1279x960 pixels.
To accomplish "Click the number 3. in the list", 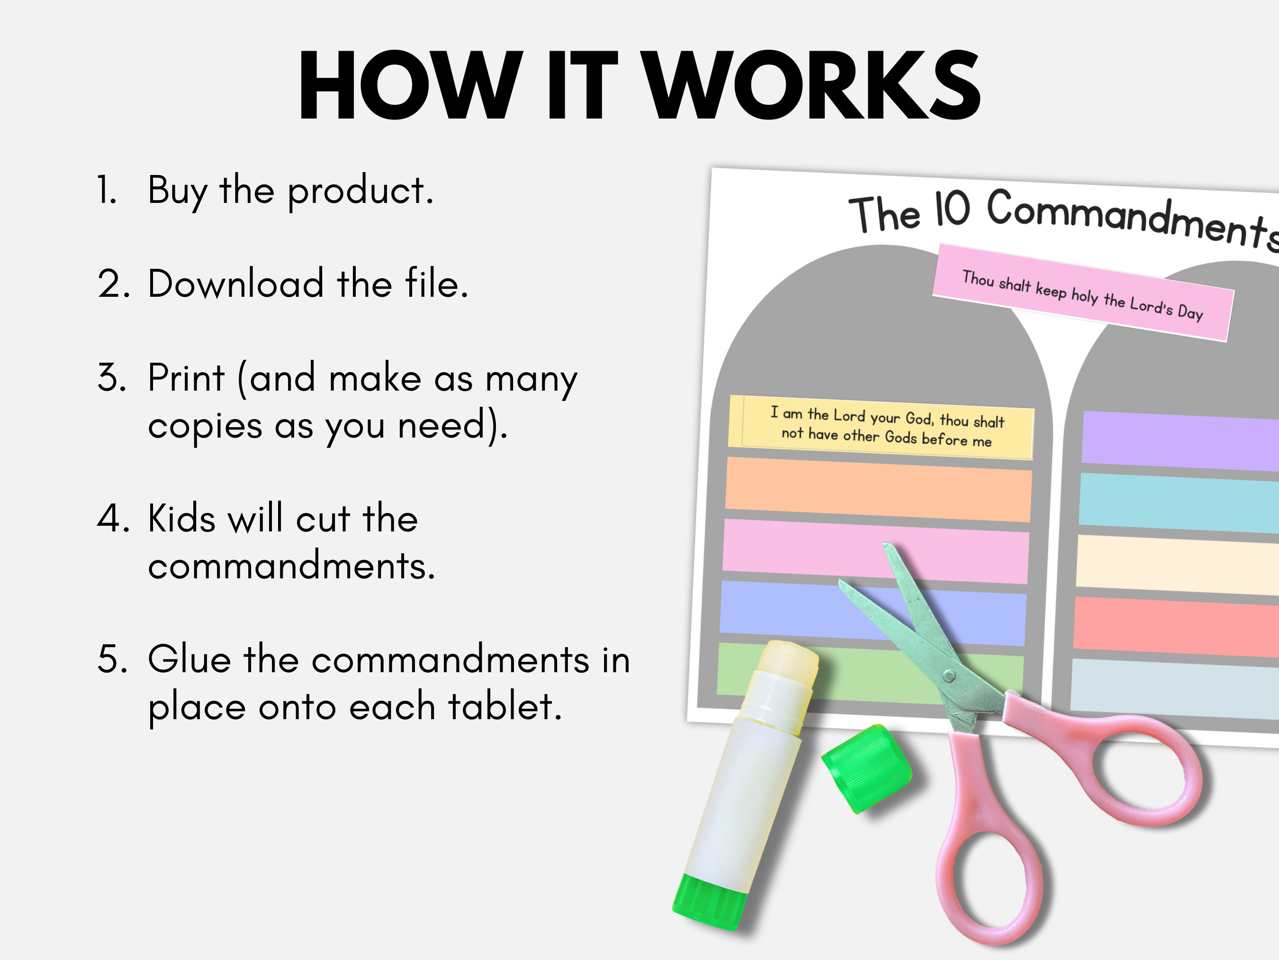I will [112, 377].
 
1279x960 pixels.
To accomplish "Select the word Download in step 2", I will [235, 283].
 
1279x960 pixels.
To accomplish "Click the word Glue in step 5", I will [189, 660].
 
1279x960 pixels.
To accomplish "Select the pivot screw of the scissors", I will [949, 675].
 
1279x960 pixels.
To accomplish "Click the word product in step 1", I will [360, 191].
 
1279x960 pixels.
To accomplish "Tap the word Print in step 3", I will [186, 378].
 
